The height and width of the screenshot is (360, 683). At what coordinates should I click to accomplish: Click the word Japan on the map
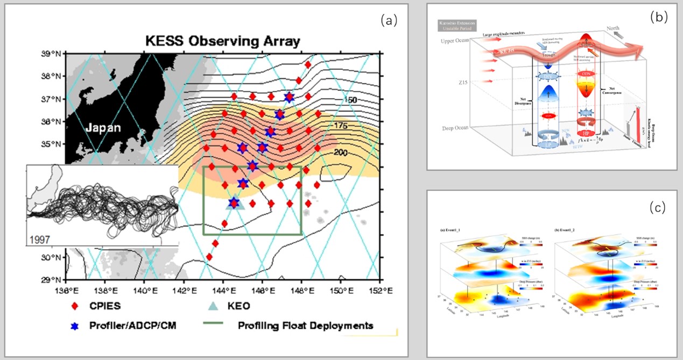(x=103, y=128)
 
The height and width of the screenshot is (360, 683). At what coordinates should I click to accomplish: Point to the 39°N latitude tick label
(x=53, y=53)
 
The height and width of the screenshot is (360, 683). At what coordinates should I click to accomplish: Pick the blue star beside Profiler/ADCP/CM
(x=75, y=326)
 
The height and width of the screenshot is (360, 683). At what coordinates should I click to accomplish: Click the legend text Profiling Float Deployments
(x=306, y=326)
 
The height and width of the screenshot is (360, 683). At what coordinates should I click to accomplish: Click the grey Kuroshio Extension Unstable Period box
(x=454, y=27)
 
